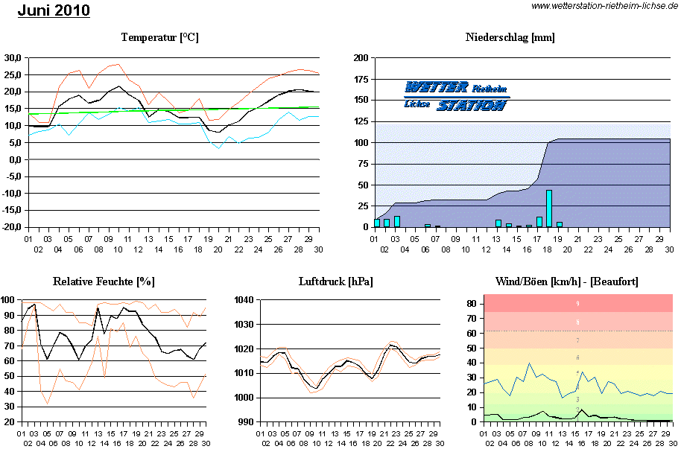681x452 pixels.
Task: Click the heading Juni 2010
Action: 54,10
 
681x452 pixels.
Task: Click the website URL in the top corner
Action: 604,6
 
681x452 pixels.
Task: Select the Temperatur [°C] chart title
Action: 159,37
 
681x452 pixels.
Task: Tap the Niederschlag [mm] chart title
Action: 510,37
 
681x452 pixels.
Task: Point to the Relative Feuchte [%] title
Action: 104,281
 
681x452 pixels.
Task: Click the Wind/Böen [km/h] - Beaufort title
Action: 566,281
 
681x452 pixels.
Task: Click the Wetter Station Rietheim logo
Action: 457,96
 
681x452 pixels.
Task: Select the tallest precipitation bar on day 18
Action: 548,209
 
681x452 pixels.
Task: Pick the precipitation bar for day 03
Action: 397,221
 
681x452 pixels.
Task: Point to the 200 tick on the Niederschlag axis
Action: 361,58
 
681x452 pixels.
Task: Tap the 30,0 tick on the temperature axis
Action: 12,58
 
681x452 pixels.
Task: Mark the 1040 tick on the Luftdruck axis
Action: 244,300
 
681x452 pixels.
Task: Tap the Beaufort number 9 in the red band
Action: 577,304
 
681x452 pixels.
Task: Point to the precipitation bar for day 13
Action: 498,223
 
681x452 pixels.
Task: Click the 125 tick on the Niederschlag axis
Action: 361,121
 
